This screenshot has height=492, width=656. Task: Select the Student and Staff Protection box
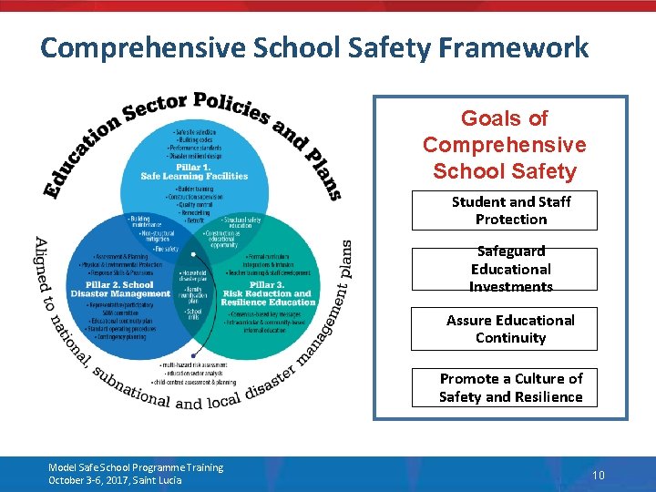coord(510,210)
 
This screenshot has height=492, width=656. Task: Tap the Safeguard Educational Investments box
coord(510,269)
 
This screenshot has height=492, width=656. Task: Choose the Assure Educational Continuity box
coord(510,329)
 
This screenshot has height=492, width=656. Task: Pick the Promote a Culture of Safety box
coord(510,387)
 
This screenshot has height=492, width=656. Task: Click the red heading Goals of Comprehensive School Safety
coord(504,145)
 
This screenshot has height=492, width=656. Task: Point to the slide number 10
coord(599,475)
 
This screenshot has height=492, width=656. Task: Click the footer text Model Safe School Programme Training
coord(136,467)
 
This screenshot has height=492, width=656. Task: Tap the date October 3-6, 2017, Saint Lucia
coord(115,480)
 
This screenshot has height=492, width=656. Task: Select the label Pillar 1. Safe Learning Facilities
coord(194,171)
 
